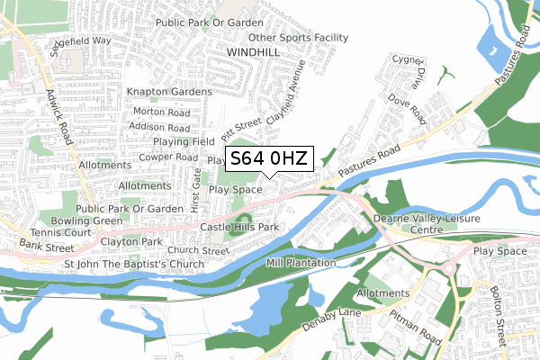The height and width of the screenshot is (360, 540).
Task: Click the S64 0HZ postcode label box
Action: click(268, 158)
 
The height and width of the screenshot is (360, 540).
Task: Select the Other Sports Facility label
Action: click(298, 38)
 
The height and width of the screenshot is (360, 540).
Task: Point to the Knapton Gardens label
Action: click(169, 92)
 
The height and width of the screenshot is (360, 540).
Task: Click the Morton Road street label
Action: click(161, 113)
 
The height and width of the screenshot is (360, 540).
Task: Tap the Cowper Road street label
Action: click(168, 156)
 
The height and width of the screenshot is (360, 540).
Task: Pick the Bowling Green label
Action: click(86, 220)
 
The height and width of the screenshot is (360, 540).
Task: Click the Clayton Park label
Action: click(131, 242)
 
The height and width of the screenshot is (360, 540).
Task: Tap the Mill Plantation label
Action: click(301, 262)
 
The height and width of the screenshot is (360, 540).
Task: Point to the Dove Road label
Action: click(407, 112)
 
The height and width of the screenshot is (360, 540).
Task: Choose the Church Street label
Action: click(198, 251)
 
